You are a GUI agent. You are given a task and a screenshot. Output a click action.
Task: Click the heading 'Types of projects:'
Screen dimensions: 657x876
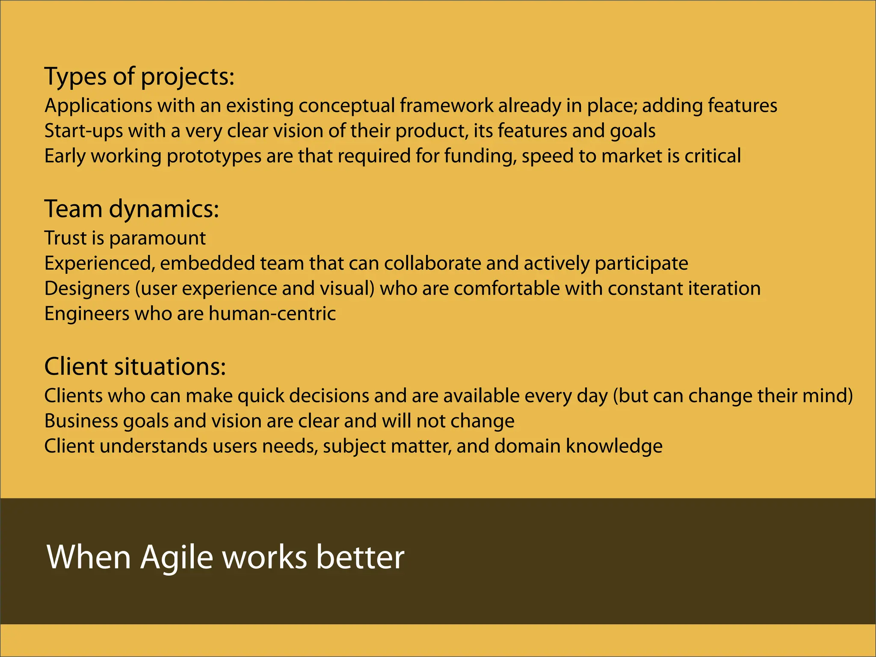pyautogui.click(x=139, y=77)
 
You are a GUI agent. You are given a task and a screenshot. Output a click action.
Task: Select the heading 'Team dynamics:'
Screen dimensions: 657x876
pyautogui.click(x=132, y=210)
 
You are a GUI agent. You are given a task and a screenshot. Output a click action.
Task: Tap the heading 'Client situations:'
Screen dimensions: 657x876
pyautogui.click(x=135, y=367)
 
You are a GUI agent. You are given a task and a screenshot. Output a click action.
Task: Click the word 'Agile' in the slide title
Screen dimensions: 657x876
pyautogui.click(x=176, y=557)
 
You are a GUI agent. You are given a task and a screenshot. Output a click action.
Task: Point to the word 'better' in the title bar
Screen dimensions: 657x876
pyautogui.click(x=360, y=557)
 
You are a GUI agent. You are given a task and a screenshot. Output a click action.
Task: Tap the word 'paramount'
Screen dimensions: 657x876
pyautogui.click(x=157, y=239)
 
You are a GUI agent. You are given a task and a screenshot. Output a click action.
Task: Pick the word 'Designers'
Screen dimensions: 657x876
pyautogui.click(x=87, y=289)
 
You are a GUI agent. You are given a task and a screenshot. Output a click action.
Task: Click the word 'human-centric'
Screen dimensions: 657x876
pyautogui.click(x=272, y=314)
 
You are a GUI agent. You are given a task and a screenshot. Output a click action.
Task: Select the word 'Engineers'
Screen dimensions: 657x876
pyautogui.click(x=87, y=314)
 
